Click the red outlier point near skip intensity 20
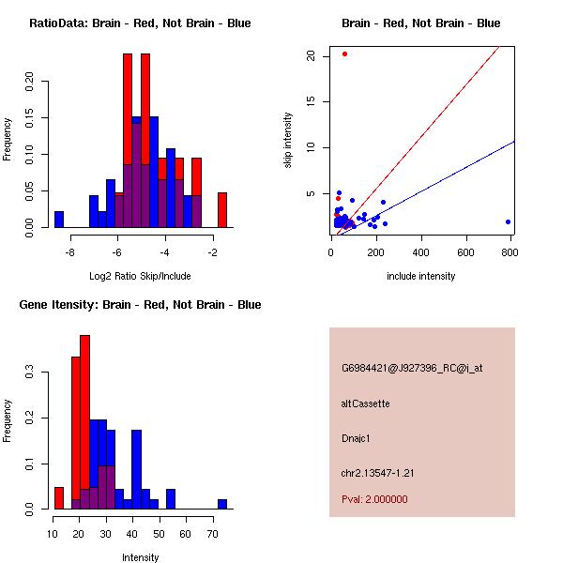344,53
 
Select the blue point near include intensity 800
508,221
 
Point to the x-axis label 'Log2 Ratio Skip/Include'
141,276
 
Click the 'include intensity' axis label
421,276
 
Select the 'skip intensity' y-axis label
289,141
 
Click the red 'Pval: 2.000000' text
374,499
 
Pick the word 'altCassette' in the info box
365,403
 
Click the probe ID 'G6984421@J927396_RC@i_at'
412,368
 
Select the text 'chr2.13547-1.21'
377,473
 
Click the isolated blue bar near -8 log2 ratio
59,220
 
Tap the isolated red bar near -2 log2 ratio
222,210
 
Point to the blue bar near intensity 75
222,504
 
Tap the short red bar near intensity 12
59,498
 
